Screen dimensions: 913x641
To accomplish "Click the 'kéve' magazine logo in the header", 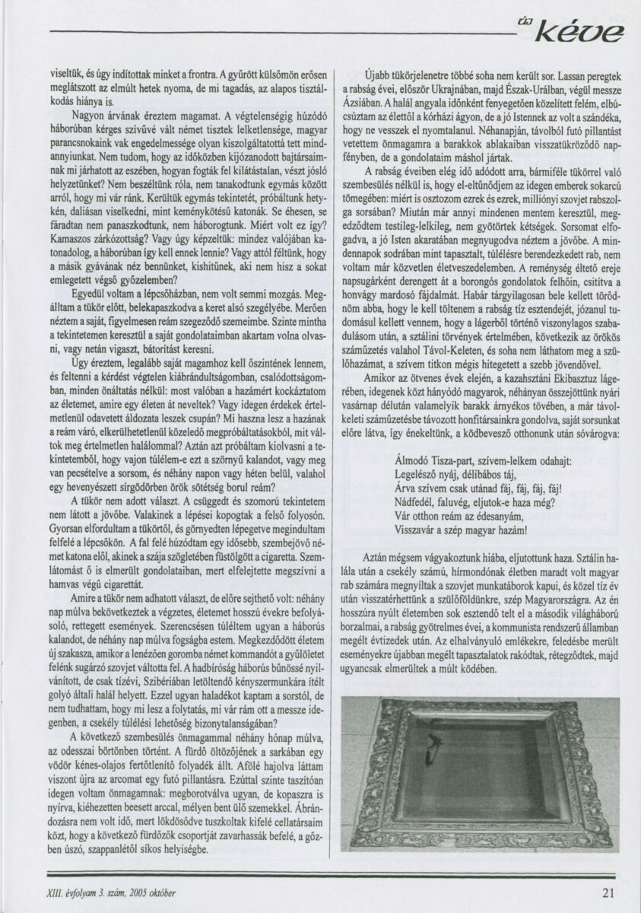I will (582, 32).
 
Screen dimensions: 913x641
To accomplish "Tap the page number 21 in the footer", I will (608, 893).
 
